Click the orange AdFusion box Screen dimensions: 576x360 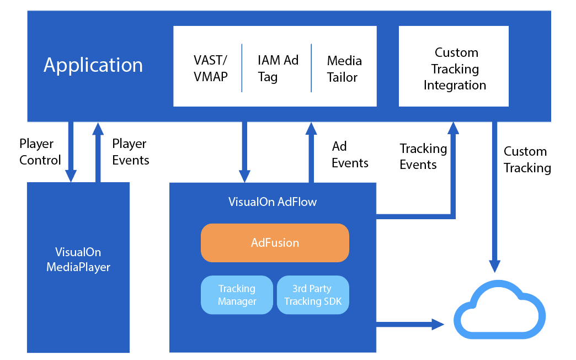click(275, 243)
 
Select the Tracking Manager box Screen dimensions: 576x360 click(237, 295)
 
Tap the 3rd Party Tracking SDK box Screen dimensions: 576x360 click(313, 295)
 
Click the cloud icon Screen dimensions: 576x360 click(500, 310)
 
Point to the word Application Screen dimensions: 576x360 click(93, 65)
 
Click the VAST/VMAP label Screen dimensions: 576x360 click(211, 68)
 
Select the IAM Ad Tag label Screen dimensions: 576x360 click(278, 68)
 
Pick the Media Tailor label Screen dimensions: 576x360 click(344, 69)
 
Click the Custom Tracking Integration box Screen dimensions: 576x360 click(454, 66)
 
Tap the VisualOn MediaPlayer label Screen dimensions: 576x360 click(78, 260)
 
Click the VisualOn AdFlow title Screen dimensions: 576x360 click(273, 202)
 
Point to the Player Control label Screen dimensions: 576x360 click(40, 152)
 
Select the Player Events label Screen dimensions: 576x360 click(130, 152)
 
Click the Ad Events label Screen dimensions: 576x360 click(350, 155)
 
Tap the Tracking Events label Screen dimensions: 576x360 click(423, 156)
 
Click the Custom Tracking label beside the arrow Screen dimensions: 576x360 click(527, 159)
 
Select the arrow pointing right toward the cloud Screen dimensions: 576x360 click(410, 324)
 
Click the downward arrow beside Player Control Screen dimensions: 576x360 click(71, 152)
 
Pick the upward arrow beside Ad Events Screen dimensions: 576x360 click(311, 152)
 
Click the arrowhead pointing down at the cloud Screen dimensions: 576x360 click(495, 266)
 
